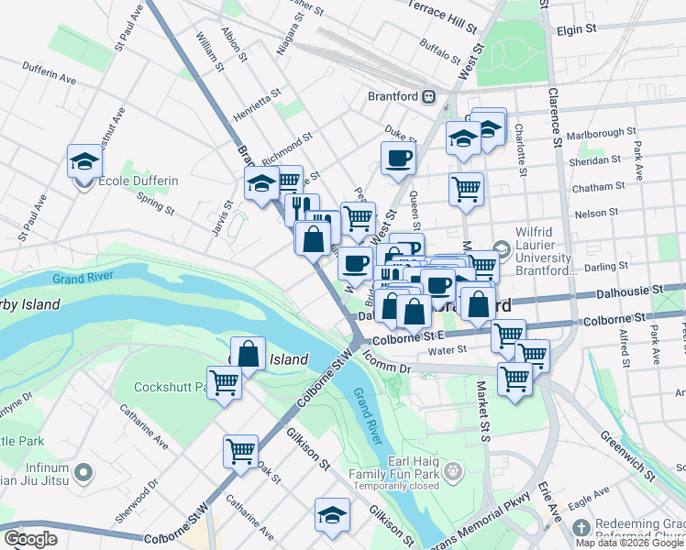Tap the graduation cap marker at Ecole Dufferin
click(x=84, y=161)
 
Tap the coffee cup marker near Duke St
click(x=398, y=159)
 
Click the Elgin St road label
click(x=576, y=29)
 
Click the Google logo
click(x=30, y=539)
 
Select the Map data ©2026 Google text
click(x=629, y=543)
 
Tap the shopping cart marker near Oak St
click(x=240, y=451)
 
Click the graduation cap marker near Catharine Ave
click(x=332, y=515)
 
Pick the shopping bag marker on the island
click(x=248, y=352)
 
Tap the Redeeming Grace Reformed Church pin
click(x=580, y=528)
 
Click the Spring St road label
click(x=155, y=203)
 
